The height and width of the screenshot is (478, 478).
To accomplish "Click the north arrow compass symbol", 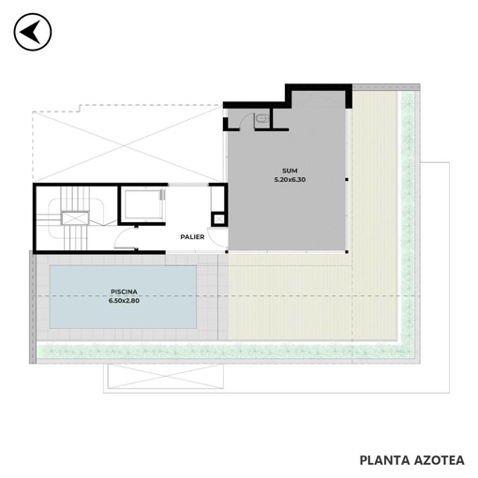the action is pos(33,32).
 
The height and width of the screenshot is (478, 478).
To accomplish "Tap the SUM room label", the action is pos(290,171).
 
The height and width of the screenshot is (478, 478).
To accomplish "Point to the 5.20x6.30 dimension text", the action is pos(290,180).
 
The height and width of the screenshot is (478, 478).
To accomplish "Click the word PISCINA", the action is pos(124,291).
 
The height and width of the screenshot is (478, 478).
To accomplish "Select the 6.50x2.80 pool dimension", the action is pos(124,301).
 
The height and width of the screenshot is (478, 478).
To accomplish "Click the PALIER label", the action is pos(192,237).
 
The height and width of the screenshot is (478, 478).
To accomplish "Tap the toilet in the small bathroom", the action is pos(261,119).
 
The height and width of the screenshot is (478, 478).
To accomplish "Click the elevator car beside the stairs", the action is pos(143,204).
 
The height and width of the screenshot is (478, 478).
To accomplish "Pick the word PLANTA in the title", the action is pos(384,460).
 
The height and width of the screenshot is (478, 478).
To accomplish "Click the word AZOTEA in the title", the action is pos(440,460).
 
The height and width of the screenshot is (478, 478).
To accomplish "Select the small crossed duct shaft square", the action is pos(219,219).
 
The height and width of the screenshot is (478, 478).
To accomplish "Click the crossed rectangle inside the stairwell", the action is pos(75,218).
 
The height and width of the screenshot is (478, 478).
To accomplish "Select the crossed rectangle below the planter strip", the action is pos(166,376).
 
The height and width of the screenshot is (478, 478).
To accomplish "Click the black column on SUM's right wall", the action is pos(347,180).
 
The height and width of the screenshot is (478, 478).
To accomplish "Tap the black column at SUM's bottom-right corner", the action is pos(347,251).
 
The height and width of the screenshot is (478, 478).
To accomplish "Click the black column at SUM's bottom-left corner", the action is pos(227,251).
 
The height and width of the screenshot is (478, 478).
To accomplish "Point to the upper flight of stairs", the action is pos(75,199).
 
